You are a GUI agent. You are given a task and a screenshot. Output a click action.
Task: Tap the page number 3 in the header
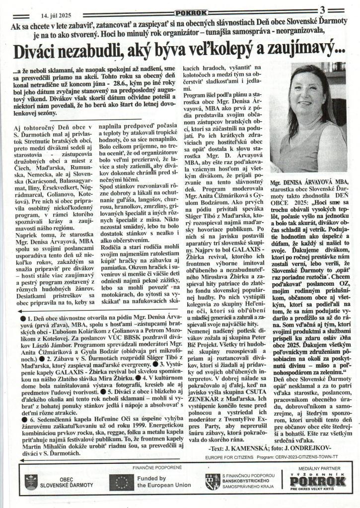323,10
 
